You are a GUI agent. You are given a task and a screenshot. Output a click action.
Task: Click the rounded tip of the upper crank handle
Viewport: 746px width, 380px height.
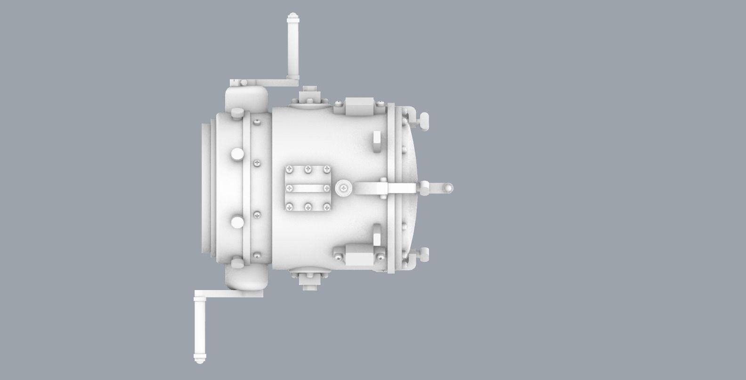(293, 17)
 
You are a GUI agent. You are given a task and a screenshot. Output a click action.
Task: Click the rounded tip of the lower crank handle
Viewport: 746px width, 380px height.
(200, 361)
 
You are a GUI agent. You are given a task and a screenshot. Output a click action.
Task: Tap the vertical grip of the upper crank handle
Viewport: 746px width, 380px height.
(293, 47)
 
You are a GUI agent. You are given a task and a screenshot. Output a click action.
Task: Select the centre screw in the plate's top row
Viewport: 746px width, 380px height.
(308, 169)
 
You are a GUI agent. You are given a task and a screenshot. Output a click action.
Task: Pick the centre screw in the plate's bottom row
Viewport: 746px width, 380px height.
(308, 206)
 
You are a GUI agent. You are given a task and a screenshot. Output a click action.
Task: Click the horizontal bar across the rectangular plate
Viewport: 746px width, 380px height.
(308, 188)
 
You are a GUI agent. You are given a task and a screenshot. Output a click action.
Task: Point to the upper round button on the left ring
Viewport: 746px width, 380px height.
(237, 154)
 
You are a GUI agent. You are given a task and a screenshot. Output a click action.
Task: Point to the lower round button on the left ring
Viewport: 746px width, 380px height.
(237, 222)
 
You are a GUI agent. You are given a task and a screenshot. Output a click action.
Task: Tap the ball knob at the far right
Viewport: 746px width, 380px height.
(449, 188)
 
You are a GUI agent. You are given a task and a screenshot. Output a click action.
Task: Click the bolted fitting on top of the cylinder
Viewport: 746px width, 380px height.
(309, 97)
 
